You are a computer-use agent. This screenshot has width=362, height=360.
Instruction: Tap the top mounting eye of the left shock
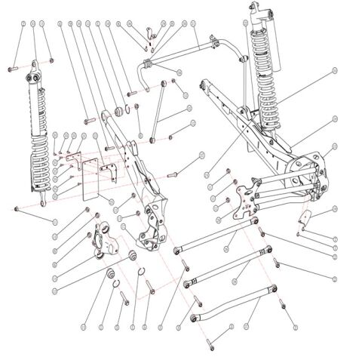coord(33,78)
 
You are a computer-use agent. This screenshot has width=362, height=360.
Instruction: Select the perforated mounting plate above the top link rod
coord(243,198)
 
